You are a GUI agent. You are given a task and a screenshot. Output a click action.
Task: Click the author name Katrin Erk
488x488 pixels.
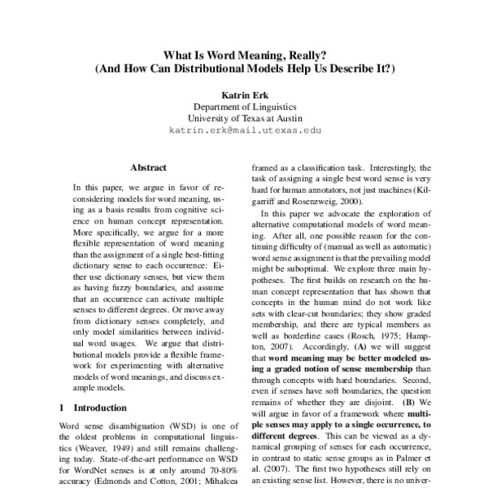click(245, 95)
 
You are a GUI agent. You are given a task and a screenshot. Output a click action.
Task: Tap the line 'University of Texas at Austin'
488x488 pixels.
click(245, 118)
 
